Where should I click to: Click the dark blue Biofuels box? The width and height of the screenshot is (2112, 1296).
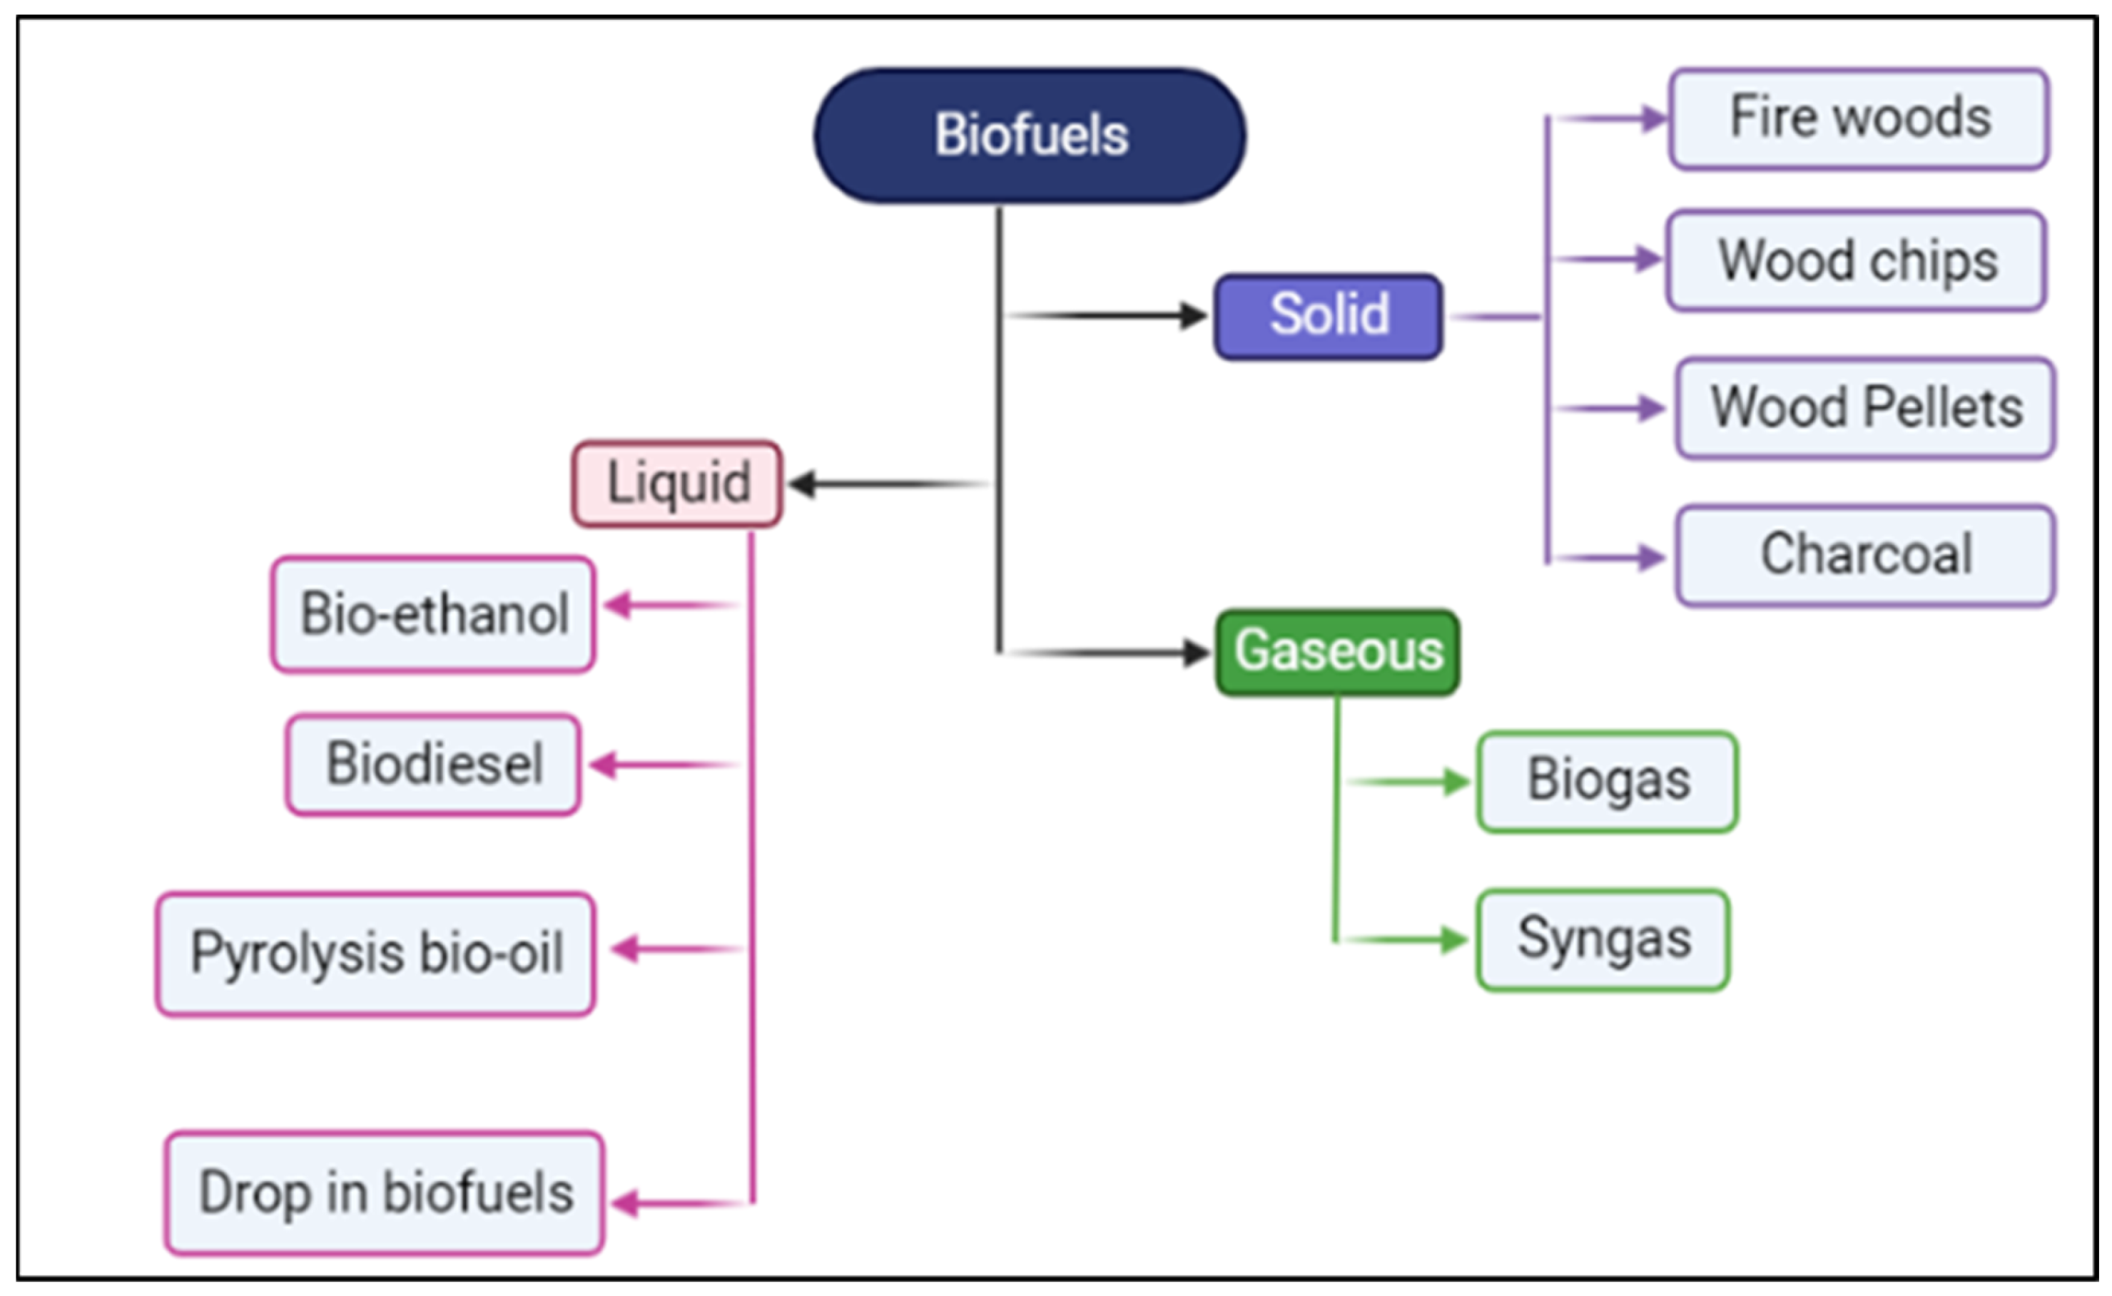(x=1030, y=136)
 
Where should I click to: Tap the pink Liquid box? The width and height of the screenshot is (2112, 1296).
(x=676, y=484)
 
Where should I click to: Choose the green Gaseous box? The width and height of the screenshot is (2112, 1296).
(x=1338, y=653)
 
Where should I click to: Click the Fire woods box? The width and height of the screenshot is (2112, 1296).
(x=1859, y=118)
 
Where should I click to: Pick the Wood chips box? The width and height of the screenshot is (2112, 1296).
(x=1857, y=260)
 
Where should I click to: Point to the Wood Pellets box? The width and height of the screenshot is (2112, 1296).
(x=1865, y=408)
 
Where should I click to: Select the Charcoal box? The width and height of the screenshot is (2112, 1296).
(x=1865, y=556)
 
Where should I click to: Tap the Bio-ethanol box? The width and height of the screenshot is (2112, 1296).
(x=433, y=613)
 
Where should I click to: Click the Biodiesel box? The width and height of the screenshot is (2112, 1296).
(x=433, y=764)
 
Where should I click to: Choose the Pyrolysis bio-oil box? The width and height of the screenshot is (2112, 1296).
(x=375, y=953)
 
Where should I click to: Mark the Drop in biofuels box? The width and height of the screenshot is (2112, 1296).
(x=384, y=1193)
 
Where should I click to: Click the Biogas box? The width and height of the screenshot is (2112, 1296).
(x=1607, y=781)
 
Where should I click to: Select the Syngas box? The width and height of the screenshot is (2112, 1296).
(x=1603, y=939)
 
